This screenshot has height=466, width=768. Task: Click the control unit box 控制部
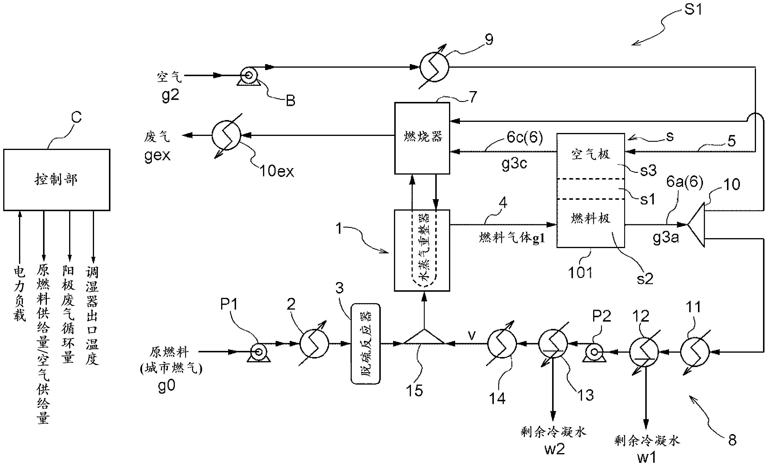click(x=57, y=180)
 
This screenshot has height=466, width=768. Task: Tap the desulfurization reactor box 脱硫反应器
click(x=365, y=344)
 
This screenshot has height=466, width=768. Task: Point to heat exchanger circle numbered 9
click(x=434, y=67)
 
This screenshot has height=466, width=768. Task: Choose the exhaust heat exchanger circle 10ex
click(x=226, y=135)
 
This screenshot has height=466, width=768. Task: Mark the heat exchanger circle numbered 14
click(x=502, y=344)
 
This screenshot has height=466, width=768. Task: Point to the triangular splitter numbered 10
click(x=697, y=224)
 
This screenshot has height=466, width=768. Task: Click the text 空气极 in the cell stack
click(x=590, y=154)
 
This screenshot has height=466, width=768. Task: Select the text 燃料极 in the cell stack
click(x=590, y=218)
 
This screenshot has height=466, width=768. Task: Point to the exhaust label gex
click(x=157, y=155)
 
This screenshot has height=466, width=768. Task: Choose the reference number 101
click(x=580, y=273)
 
